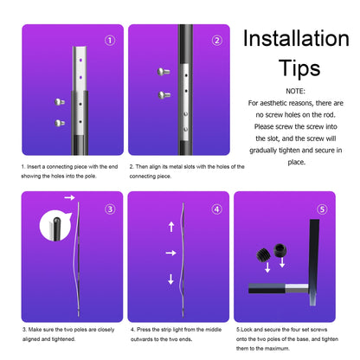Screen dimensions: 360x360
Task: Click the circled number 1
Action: (108, 40)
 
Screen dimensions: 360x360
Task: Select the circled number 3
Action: (108, 209)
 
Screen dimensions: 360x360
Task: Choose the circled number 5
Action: (323, 209)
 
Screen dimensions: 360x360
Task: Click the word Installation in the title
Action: (295, 38)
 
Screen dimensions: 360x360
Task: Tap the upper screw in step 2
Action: (163, 72)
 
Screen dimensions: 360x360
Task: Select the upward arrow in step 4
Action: (170, 228)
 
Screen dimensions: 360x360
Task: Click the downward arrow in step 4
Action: (170, 279)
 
